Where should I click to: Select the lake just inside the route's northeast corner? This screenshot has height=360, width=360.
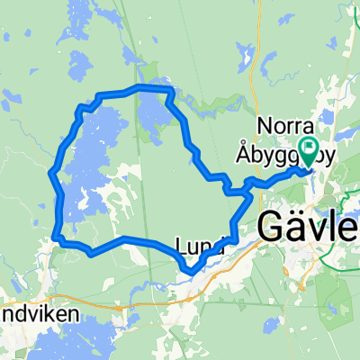tap(151, 112)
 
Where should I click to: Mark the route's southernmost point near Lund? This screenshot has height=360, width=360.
tap(189, 271)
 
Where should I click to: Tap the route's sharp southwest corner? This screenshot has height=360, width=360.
tap(58, 238)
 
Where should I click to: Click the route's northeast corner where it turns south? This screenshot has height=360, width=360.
tap(167, 93)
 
